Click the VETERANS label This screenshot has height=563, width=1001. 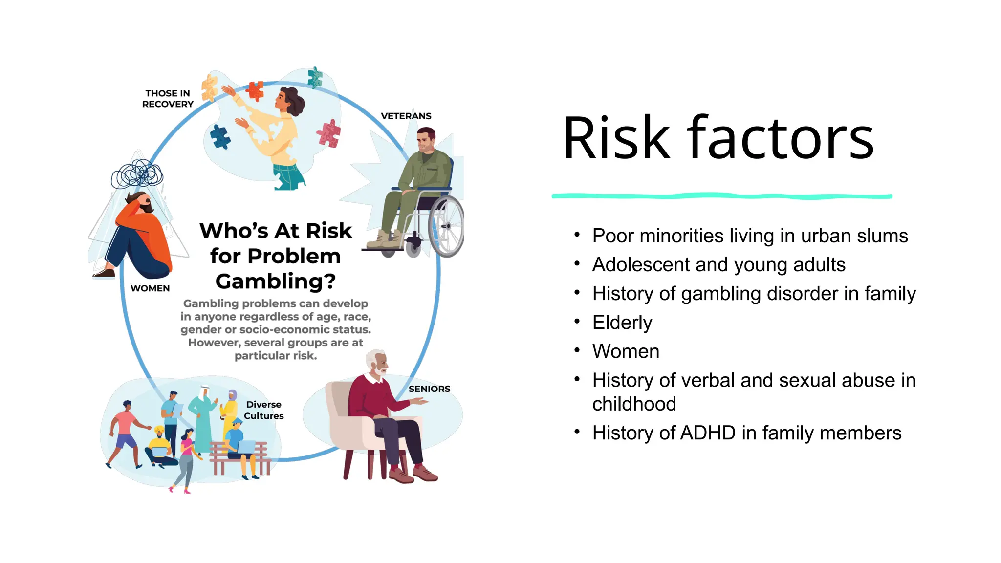[x=406, y=116]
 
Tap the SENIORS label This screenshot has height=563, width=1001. [x=429, y=389]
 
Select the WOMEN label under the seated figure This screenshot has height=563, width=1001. [x=150, y=288]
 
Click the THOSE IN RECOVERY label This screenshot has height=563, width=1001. [x=168, y=99]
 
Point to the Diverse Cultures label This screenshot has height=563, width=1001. [x=263, y=410]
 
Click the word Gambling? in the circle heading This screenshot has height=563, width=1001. [x=276, y=281]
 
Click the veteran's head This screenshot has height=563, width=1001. [x=426, y=140]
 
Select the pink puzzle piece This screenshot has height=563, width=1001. [x=329, y=133]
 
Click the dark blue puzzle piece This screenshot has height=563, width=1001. [x=220, y=136]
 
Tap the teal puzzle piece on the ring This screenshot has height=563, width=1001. [x=315, y=77]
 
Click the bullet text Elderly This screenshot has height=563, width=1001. [x=622, y=323]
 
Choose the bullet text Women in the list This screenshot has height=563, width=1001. [x=626, y=351]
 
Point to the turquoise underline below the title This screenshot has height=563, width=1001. [x=721, y=196]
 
